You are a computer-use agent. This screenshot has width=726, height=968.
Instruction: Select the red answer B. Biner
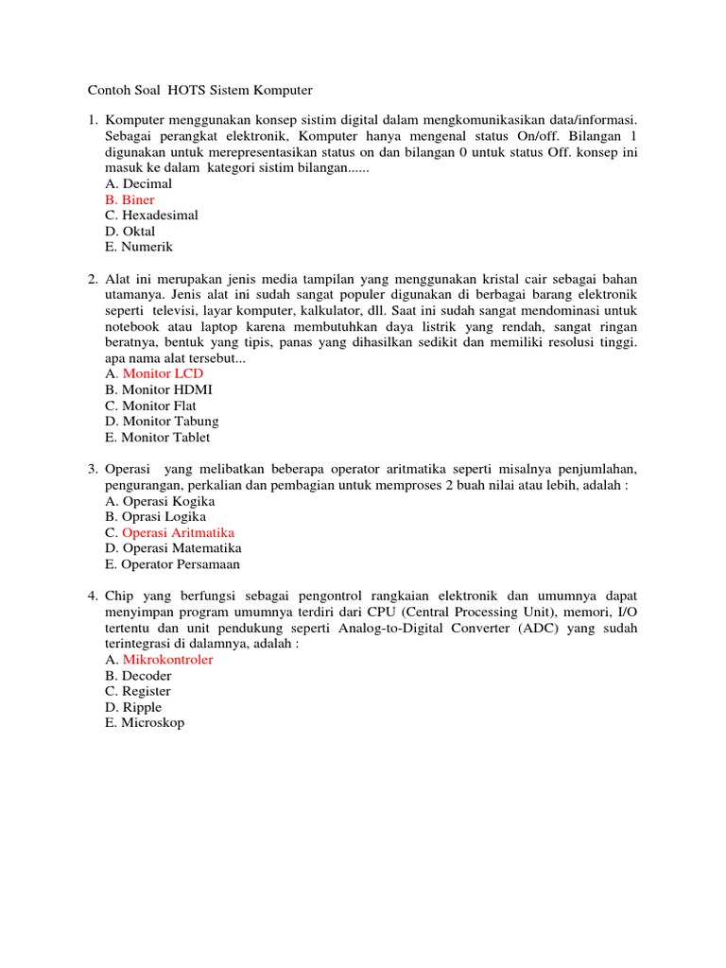[x=130, y=200]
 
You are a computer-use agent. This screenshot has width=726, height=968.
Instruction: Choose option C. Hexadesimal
[x=151, y=216]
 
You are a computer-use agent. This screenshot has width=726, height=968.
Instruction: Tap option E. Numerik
[x=139, y=247]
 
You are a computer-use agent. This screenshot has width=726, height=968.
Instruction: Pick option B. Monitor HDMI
[x=159, y=389]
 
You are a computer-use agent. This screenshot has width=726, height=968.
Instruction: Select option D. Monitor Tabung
[x=162, y=421]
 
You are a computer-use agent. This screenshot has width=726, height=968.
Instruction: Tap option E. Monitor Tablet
[x=158, y=437]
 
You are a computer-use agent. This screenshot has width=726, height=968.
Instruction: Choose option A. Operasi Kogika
[x=160, y=501]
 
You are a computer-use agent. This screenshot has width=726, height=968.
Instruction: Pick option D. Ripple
[x=133, y=707]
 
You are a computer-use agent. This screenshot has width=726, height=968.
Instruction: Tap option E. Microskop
[x=145, y=723]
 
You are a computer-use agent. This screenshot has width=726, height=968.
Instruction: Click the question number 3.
[x=93, y=469]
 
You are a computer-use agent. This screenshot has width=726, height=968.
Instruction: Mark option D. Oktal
[x=130, y=232]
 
